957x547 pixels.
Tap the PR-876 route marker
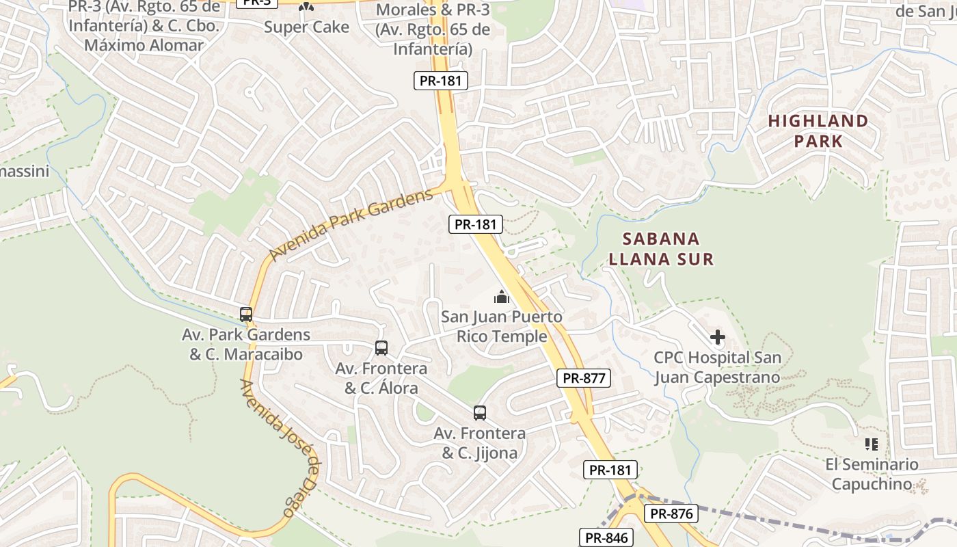click(x=671, y=514)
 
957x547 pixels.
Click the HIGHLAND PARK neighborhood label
click(x=818, y=131)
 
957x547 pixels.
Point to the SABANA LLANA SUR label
click(x=661, y=249)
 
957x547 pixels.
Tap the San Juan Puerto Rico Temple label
click(x=502, y=327)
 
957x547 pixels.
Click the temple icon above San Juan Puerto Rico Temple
click(x=502, y=297)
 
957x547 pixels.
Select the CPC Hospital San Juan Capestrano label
click(x=717, y=367)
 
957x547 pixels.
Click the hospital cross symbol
click(x=717, y=337)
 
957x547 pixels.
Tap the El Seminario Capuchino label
click(x=872, y=475)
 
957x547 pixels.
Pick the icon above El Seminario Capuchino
click(x=872, y=444)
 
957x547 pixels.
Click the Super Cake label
click(x=306, y=27)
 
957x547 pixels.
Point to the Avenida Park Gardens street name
click(x=351, y=225)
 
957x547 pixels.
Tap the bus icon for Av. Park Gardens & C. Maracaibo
click(x=246, y=315)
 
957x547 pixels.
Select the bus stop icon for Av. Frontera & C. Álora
click(x=381, y=348)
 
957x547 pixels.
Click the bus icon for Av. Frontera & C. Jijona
click(x=480, y=413)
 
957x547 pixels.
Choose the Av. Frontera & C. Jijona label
click(x=480, y=443)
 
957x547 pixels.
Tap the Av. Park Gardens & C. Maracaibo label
click(x=246, y=345)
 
